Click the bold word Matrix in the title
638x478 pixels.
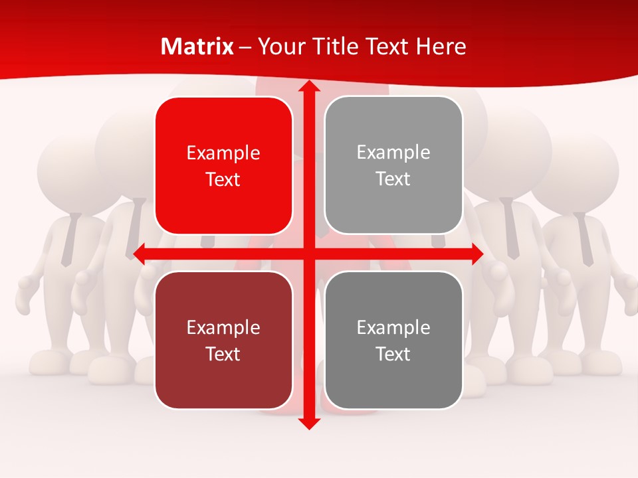click(197, 46)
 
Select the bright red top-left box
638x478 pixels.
click(223, 166)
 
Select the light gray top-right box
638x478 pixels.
click(393, 165)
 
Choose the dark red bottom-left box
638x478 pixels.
click(223, 340)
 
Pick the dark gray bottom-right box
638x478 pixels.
click(393, 340)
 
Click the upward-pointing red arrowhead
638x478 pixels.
click(309, 87)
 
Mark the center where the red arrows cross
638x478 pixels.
click(309, 254)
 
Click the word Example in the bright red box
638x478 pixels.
click(223, 153)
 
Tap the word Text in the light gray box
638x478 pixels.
click(393, 179)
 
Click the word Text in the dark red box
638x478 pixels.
click(223, 354)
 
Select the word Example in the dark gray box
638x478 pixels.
click(393, 327)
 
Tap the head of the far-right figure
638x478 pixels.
click(574, 169)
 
